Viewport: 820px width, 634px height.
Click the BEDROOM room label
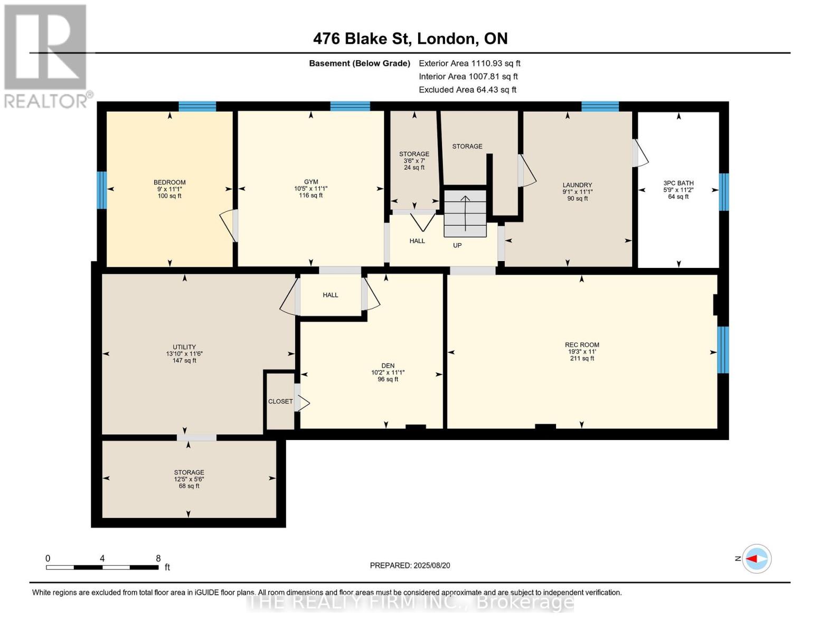point(169,182)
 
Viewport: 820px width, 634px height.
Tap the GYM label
point(310,182)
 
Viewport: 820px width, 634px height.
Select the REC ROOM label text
point(582,345)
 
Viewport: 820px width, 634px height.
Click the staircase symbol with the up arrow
point(465,213)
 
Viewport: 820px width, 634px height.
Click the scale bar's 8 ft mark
point(158,558)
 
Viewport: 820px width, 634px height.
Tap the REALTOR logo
point(45,55)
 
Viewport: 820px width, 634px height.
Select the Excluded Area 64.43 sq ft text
point(467,90)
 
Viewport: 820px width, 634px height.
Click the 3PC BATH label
point(678,183)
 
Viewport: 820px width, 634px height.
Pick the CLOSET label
point(280,402)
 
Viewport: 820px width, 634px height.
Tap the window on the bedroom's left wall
point(102,190)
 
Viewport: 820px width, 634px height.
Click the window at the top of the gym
point(350,106)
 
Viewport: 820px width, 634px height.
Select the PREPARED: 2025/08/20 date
point(410,565)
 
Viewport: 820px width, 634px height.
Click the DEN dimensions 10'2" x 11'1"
point(388,372)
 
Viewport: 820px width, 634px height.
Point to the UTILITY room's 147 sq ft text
point(184,361)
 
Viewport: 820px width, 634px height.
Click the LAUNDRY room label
point(577,185)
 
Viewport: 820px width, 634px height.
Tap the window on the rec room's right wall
point(723,350)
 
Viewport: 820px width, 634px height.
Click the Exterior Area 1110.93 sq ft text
point(469,63)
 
